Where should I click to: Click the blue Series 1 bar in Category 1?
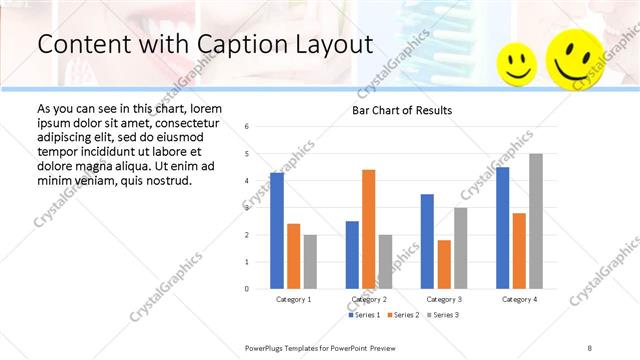click(x=277, y=231)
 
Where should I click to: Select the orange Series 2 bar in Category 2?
click(x=368, y=229)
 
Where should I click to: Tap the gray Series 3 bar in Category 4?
click(x=536, y=221)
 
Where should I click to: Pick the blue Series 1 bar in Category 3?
click(x=427, y=241)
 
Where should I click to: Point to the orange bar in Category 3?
click(x=444, y=264)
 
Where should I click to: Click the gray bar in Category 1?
click(x=310, y=261)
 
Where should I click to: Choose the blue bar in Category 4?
click(x=502, y=228)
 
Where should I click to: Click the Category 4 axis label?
click(x=519, y=299)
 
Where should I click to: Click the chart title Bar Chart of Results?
click(x=402, y=110)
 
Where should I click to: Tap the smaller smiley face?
click(x=517, y=63)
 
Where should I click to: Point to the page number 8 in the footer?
click(x=590, y=347)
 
